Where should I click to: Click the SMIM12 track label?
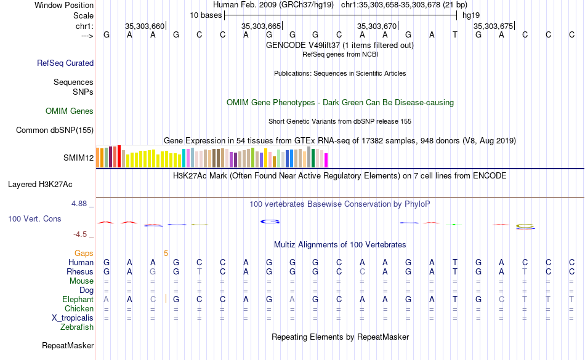point(78,158)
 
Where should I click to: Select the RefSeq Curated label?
point(65,63)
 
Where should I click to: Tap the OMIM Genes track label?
point(70,111)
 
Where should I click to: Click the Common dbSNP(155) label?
point(55,130)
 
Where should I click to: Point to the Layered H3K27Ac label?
point(40,184)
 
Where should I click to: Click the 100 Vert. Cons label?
point(34,218)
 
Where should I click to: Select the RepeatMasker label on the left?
point(68,346)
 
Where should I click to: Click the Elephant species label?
point(78,299)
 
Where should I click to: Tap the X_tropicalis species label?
point(73,318)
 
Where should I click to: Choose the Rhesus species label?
point(80,271)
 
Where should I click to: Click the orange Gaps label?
point(84,253)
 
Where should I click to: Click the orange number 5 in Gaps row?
point(166,253)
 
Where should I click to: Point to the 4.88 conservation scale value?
point(81,203)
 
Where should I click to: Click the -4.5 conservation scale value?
point(81,234)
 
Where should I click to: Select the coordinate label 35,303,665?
point(262,26)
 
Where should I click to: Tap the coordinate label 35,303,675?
point(493,26)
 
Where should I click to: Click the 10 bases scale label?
point(206,15)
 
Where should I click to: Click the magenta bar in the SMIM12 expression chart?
point(326,159)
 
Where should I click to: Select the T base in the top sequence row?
point(454,35)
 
